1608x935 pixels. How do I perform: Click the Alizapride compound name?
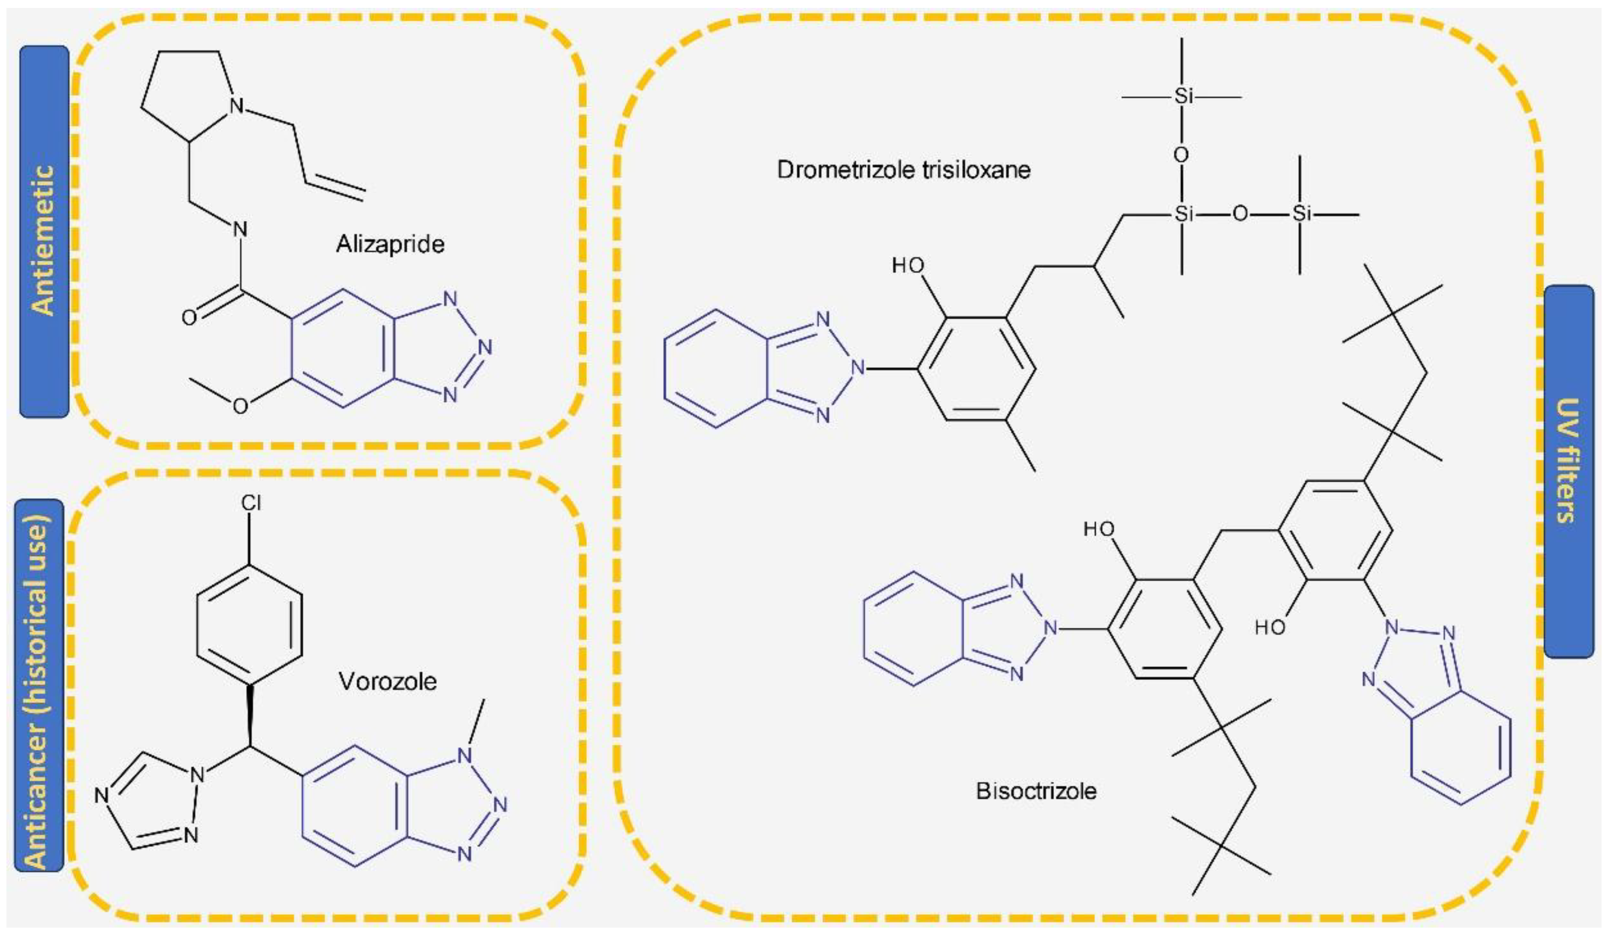pyautogui.click(x=390, y=245)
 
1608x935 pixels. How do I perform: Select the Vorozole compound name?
pyautogui.click(x=387, y=681)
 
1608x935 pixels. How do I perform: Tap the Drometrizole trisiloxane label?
pyautogui.click(x=903, y=170)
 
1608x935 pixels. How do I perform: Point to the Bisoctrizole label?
pyautogui.click(x=1036, y=791)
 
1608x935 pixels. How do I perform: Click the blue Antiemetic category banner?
pyautogui.click(x=44, y=232)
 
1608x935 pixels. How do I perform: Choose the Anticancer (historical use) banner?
pyautogui.click(x=39, y=685)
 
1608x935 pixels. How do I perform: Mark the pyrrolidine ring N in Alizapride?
pyautogui.click(x=237, y=106)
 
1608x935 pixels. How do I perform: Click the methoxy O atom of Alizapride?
pyautogui.click(x=240, y=406)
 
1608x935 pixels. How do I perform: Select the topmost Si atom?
pyautogui.click(x=1183, y=97)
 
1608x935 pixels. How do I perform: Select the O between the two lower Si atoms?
pyautogui.click(x=1240, y=214)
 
